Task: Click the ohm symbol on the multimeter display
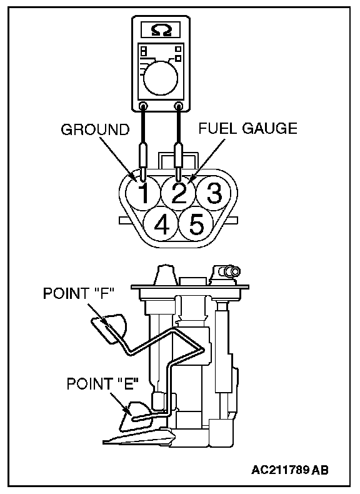[161, 30]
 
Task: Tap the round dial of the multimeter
[161, 78]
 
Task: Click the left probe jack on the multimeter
[143, 106]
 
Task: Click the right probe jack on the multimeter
[179, 106]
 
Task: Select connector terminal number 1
[143, 193]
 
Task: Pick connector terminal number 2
[179, 193]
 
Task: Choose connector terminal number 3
[214, 193]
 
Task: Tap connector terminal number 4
[161, 224]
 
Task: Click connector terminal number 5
[197, 224]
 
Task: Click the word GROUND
[95, 129]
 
